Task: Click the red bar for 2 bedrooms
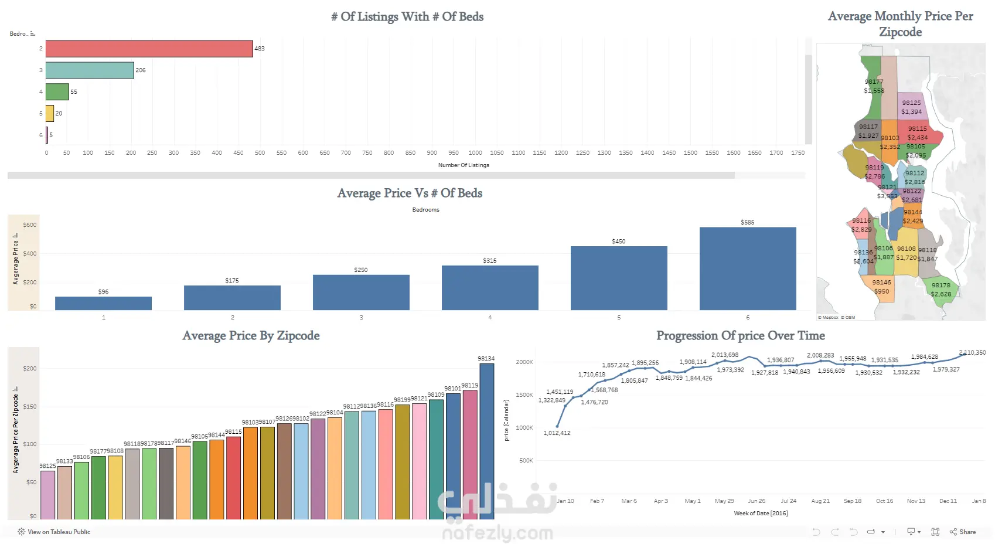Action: pos(149,49)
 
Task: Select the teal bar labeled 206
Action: pos(90,70)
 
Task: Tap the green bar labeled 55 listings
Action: pos(57,92)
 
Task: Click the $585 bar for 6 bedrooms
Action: pos(747,268)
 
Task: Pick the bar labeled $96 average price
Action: pos(103,303)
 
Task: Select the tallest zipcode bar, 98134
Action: pos(486,441)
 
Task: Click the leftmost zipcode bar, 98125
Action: pos(47,495)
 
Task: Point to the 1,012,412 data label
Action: pos(557,433)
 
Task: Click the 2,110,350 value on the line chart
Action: pos(972,353)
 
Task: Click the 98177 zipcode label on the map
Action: pos(874,82)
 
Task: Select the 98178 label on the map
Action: pos(941,285)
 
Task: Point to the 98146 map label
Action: pos(881,283)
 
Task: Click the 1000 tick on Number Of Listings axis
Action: pos(475,153)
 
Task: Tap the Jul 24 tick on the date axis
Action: pos(788,501)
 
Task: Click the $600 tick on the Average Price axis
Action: pos(30,225)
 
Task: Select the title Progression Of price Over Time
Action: pos(740,336)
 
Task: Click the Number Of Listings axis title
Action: pos(464,165)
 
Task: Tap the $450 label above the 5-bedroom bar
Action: pos(618,242)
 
